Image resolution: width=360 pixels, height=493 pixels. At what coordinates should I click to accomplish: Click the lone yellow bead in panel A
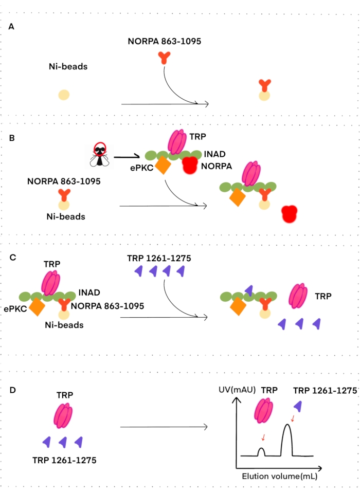point(64,95)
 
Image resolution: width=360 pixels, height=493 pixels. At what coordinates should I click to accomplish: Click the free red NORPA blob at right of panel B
point(290,214)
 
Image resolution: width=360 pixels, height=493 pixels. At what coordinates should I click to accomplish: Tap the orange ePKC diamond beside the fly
point(163,166)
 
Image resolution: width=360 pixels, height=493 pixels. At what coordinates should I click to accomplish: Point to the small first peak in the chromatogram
point(261,452)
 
